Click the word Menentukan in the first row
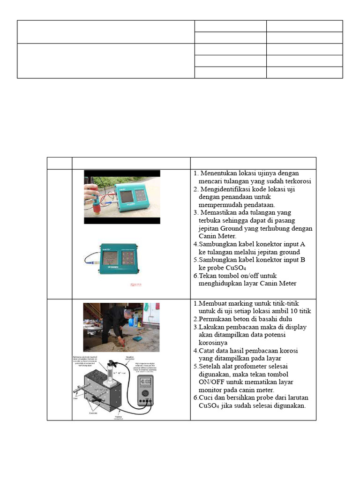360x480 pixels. coord(221,173)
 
